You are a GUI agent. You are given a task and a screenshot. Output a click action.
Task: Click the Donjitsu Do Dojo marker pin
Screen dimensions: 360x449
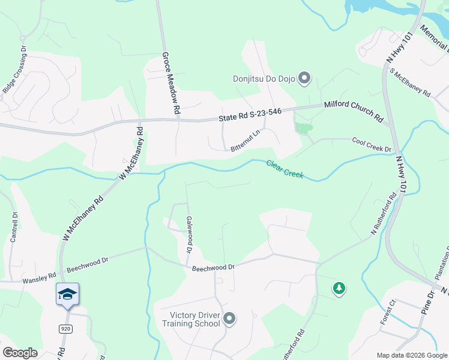tap(304, 78)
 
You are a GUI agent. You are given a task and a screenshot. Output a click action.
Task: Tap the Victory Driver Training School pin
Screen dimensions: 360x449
tap(229, 319)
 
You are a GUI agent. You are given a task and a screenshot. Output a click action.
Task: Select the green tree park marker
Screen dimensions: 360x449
tap(339, 289)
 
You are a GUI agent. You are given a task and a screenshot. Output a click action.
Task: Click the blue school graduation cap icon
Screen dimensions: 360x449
tap(67, 294)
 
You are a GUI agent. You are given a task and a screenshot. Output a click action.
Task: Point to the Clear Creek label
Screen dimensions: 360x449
tap(285, 169)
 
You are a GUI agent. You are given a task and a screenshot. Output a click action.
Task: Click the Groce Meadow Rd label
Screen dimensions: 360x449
tap(170, 83)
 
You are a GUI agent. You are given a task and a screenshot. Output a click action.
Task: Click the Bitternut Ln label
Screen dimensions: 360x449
tap(245, 141)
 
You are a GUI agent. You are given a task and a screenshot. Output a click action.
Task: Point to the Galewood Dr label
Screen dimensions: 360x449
tap(189, 235)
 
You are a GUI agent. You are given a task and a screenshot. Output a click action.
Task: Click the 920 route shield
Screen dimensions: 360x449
tap(65, 328)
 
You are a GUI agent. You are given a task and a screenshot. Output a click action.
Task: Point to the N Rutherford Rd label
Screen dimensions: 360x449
tap(385, 213)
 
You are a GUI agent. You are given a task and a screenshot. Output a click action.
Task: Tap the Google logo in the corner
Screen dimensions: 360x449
tap(20, 352)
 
